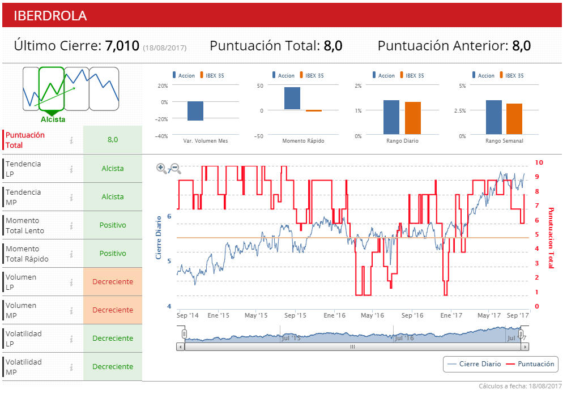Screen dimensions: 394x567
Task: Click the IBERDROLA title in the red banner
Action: click(x=50, y=15)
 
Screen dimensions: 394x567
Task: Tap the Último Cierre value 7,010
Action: click(x=122, y=46)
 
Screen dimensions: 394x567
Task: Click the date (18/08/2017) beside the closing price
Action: click(x=165, y=48)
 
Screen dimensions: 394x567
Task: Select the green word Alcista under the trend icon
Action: click(x=53, y=119)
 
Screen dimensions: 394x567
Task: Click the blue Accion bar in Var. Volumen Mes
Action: click(x=195, y=111)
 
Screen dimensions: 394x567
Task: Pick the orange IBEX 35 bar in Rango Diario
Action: click(x=413, y=118)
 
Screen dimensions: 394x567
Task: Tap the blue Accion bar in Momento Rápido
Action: click(x=292, y=98)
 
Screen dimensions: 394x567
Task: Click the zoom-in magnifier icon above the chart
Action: click(x=161, y=168)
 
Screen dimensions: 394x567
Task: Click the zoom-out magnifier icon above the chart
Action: click(x=176, y=168)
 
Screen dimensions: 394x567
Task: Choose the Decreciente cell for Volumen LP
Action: click(x=113, y=282)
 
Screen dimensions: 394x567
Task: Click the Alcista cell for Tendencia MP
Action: click(x=113, y=197)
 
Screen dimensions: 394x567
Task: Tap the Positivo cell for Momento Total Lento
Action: click(x=113, y=225)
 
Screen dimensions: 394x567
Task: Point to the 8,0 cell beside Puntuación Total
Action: click(x=113, y=140)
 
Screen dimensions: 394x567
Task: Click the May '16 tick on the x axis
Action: click(x=372, y=315)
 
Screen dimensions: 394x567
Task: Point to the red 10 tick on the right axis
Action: click(x=539, y=162)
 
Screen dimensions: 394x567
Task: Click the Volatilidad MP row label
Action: click(x=24, y=367)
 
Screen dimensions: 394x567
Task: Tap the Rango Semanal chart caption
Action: click(x=504, y=141)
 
